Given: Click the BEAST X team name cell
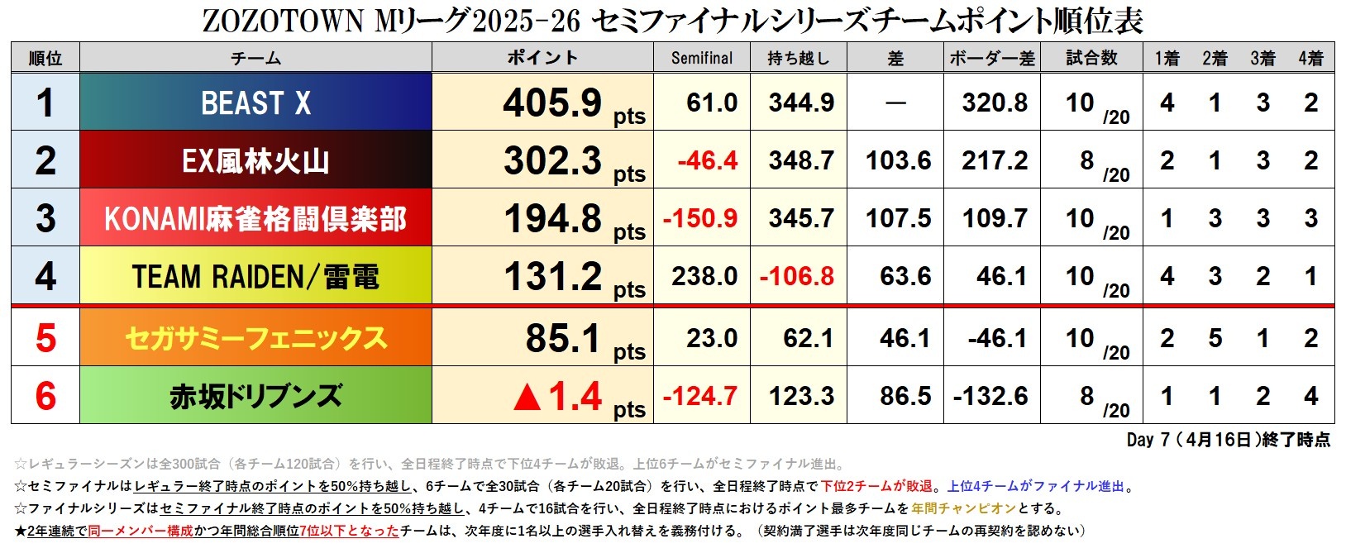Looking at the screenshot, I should tap(255, 103).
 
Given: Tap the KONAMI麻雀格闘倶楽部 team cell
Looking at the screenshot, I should tap(255, 219).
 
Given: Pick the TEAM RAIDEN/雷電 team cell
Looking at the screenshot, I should tap(255, 277).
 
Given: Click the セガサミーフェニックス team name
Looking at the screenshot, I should tap(255, 338).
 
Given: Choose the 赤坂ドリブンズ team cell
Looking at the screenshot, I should tap(255, 396).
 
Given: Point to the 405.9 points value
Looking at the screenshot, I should tap(552, 103).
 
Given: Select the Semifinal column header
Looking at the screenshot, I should tap(701, 58).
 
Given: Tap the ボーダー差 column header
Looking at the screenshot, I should tap(991, 58).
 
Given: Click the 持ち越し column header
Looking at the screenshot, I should tap(798, 58).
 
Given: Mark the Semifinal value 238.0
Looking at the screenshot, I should tap(704, 276).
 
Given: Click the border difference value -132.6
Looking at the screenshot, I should tap(990, 396).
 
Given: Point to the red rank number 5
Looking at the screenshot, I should tap(45, 338).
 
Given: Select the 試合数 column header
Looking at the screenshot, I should tap(1091, 58).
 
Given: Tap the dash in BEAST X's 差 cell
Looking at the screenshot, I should tap(895, 103).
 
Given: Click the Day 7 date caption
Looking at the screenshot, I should tap(1228, 440).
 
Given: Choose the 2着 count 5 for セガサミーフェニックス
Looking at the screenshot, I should tap(1215, 338).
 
